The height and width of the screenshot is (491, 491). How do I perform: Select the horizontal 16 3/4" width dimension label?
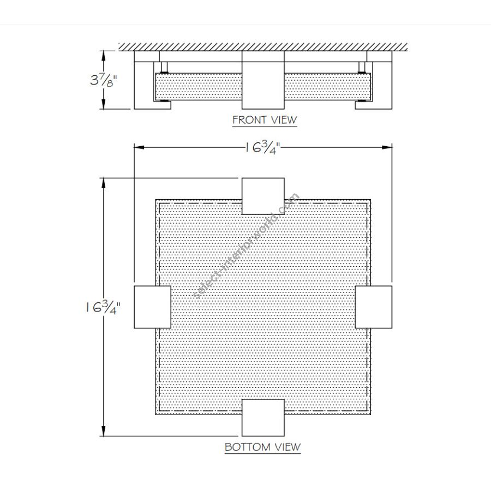click(x=262, y=147)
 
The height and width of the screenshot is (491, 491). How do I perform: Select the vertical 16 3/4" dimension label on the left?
click(x=103, y=307)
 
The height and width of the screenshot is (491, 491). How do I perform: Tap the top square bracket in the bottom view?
click(x=263, y=196)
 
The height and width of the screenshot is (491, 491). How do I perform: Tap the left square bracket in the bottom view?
click(x=153, y=307)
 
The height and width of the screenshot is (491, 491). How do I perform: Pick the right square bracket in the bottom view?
click(x=373, y=307)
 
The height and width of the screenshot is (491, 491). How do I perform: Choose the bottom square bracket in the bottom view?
click(x=263, y=417)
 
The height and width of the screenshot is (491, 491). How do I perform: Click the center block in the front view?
click(x=263, y=80)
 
